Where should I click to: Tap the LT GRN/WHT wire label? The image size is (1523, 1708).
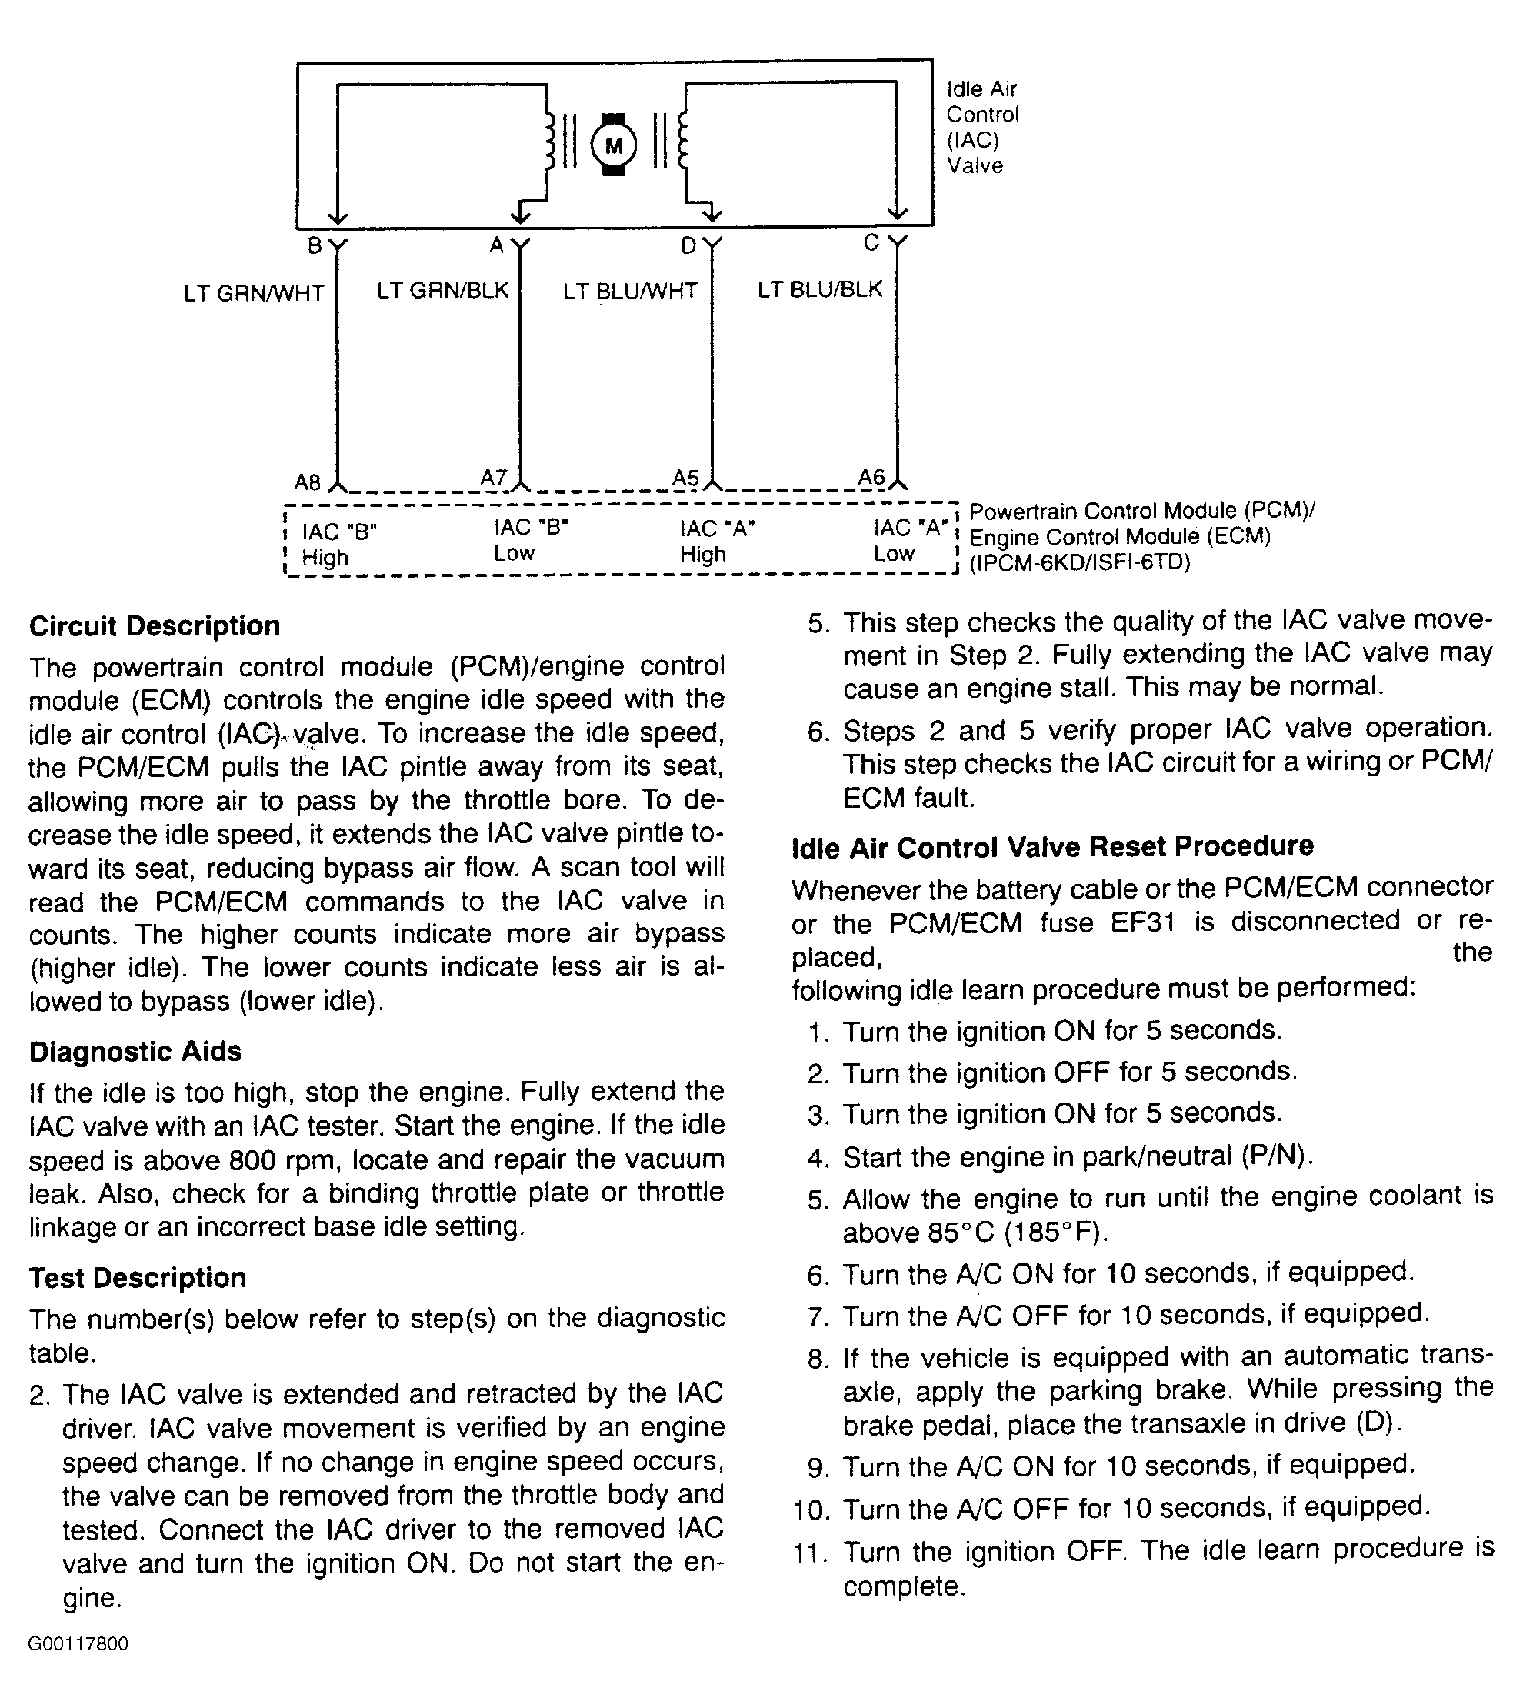coord(254,294)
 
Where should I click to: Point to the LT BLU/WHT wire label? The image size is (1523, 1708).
coord(629,292)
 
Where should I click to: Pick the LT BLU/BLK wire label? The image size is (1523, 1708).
coord(819,289)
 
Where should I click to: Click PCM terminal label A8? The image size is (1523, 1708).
coord(307,483)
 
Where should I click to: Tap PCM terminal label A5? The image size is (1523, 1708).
coord(685,478)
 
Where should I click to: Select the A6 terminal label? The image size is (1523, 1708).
coord(871,477)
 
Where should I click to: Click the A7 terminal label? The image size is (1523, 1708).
coord(494,478)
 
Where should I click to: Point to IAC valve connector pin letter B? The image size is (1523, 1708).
coord(315,246)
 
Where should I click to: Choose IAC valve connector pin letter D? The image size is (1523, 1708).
coord(688,246)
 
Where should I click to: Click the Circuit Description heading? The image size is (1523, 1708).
coord(155,626)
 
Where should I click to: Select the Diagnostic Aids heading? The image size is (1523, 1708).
coord(135,1051)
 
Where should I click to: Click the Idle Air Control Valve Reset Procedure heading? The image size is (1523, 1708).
coord(1052,847)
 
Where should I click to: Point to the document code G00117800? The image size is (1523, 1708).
coord(78,1643)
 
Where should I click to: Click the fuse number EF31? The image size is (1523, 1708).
coord(1143,922)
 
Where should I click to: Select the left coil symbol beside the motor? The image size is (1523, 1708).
coord(551,143)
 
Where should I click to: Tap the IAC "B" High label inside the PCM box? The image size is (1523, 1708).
coord(339,545)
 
